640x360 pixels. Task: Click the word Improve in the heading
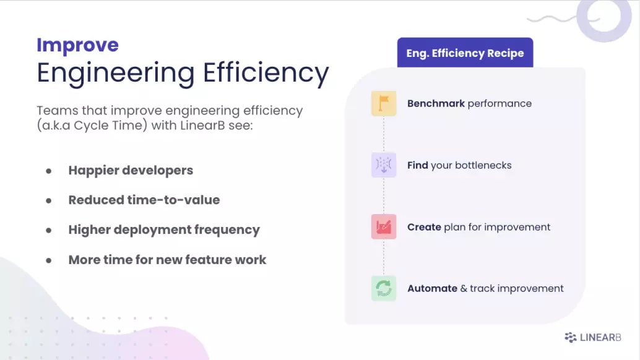tap(77, 45)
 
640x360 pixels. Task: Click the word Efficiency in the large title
tap(266, 74)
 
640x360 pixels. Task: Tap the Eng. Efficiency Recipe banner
tap(465, 53)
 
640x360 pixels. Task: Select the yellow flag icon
tap(384, 103)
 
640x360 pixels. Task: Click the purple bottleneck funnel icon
tap(384, 165)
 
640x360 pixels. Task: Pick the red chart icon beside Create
tap(384, 226)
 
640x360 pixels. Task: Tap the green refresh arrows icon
tap(384, 288)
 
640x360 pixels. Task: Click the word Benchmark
tap(436, 103)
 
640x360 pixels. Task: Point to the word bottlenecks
tap(483, 165)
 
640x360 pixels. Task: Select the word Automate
tap(432, 289)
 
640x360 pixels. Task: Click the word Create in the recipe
tap(424, 227)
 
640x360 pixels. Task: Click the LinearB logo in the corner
tap(593, 337)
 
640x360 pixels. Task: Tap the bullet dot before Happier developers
tap(48, 171)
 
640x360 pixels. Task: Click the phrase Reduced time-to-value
tap(144, 200)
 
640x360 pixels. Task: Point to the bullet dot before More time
tap(48, 260)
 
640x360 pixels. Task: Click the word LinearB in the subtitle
tap(202, 125)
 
